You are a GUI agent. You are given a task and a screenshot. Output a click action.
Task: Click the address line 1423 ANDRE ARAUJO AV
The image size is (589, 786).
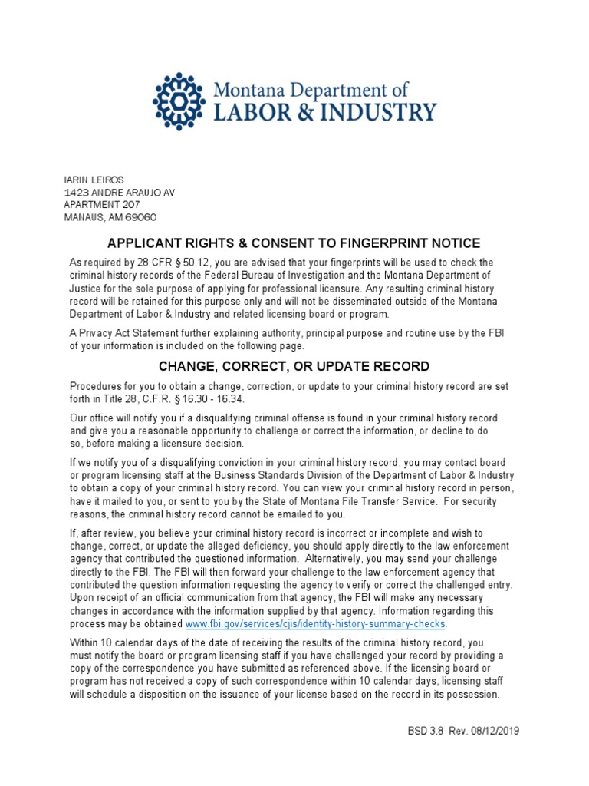pos(119,192)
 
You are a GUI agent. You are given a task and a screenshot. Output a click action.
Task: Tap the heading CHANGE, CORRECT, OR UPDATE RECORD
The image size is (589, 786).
pos(294,366)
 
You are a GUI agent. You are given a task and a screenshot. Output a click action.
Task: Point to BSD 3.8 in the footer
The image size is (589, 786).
pos(423,731)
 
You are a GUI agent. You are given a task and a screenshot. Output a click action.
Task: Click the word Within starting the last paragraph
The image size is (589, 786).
pos(85,642)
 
